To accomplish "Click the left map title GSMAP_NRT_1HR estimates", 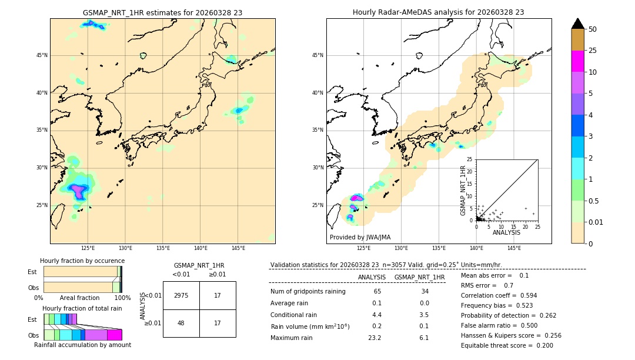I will click(x=162, y=12).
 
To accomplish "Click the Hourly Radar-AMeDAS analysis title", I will click(x=438, y=12).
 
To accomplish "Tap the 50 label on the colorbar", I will click(x=593, y=29).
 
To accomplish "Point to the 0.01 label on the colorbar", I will click(x=596, y=222).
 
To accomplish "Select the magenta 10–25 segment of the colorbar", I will click(x=577, y=61).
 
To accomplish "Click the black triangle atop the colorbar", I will click(x=577, y=24).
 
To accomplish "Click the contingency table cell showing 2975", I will click(x=181, y=295).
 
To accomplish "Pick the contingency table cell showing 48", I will click(x=181, y=323).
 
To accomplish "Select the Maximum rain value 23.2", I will click(x=375, y=338).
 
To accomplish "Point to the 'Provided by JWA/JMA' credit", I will click(x=360, y=237).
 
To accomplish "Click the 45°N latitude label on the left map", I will click(x=42, y=55).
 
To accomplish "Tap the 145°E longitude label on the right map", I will click(x=514, y=248).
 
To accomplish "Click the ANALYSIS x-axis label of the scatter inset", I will click(x=506, y=232).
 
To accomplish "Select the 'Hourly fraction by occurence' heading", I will click(x=82, y=261).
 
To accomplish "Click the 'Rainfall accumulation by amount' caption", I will click(x=82, y=345).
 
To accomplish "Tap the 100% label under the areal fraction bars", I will click(x=122, y=298).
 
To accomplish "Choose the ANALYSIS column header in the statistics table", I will click(x=372, y=277).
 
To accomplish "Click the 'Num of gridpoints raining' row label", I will click(x=308, y=291).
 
